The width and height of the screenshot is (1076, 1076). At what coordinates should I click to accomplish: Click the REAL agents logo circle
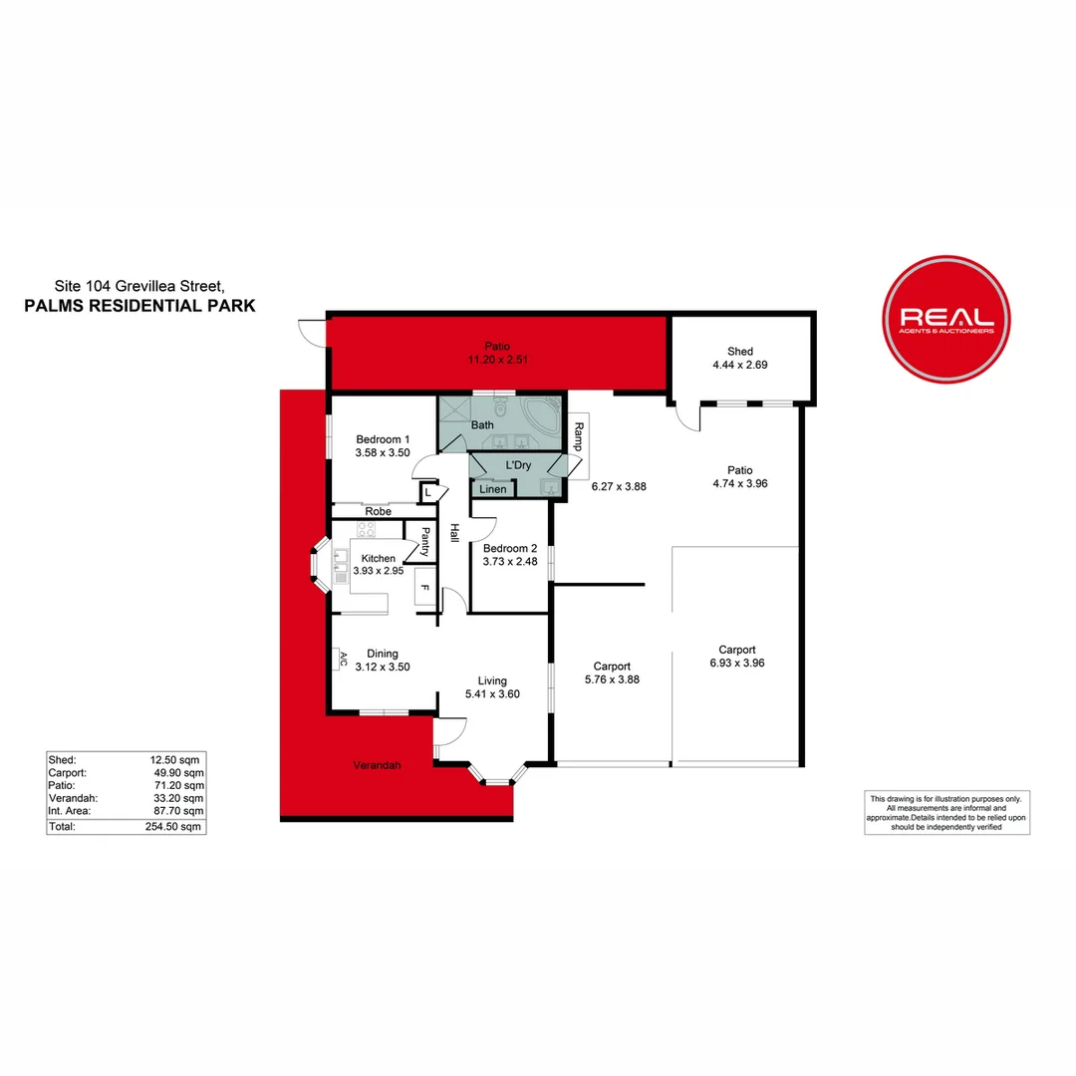(946, 319)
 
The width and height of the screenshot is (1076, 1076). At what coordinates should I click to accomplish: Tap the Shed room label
(739, 352)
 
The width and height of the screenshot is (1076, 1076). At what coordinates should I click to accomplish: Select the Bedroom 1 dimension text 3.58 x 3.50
(383, 453)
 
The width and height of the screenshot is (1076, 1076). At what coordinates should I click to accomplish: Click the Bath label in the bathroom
(482, 425)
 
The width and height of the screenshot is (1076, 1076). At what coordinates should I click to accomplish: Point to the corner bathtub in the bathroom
(542, 414)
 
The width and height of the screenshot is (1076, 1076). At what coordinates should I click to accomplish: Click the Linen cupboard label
(493, 489)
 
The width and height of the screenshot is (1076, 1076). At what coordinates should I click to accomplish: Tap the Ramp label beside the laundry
(579, 437)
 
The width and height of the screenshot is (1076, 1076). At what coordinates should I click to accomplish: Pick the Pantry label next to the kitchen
(425, 541)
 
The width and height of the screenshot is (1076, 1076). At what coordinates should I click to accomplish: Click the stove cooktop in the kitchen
(366, 529)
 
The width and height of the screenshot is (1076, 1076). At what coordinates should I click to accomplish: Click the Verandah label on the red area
(377, 765)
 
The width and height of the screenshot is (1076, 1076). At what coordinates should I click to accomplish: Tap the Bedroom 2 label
(510, 548)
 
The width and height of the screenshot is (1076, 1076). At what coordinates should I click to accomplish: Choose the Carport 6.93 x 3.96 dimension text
(737, 663)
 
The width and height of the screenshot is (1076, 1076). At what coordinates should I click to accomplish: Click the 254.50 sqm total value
(173, 827)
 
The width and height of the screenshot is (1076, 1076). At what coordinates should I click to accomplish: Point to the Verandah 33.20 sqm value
(178, 798)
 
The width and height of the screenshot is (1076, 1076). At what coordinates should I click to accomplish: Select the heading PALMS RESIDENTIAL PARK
(140, 306)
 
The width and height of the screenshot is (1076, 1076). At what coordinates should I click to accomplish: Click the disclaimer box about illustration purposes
(947, 813)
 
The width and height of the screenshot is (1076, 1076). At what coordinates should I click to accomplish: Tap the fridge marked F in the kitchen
(424, 588)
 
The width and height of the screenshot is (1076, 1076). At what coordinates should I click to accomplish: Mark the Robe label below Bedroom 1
(379, 511)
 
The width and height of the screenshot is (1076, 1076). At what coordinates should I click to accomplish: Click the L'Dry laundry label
(518, 465)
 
